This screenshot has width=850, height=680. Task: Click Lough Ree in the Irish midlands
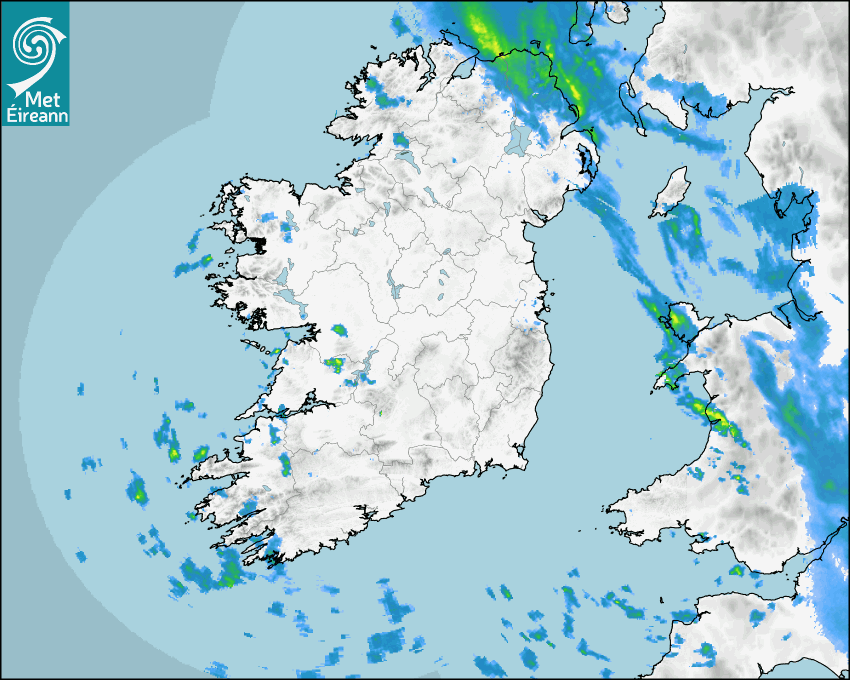pos(392,286)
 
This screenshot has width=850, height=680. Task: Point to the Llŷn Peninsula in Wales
pos(672,374)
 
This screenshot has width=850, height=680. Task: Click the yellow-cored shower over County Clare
pos(334,364)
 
